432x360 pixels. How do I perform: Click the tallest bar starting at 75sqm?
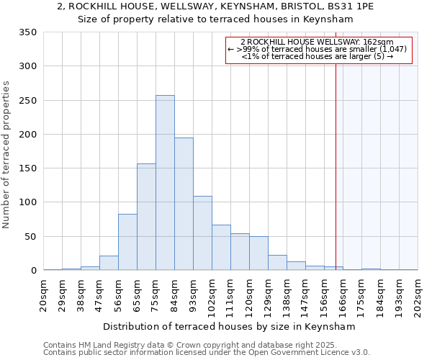(x=165, y=183)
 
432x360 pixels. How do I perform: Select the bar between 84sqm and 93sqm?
(x=184, y=204)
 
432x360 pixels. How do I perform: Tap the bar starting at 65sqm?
(x=146, y=217)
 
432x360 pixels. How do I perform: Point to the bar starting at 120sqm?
(x=258, y=253)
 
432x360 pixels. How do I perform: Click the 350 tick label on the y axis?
(x=27, y=32)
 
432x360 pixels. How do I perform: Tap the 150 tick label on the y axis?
(x=27, y=168)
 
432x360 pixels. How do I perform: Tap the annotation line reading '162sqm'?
(x=318, y=42)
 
